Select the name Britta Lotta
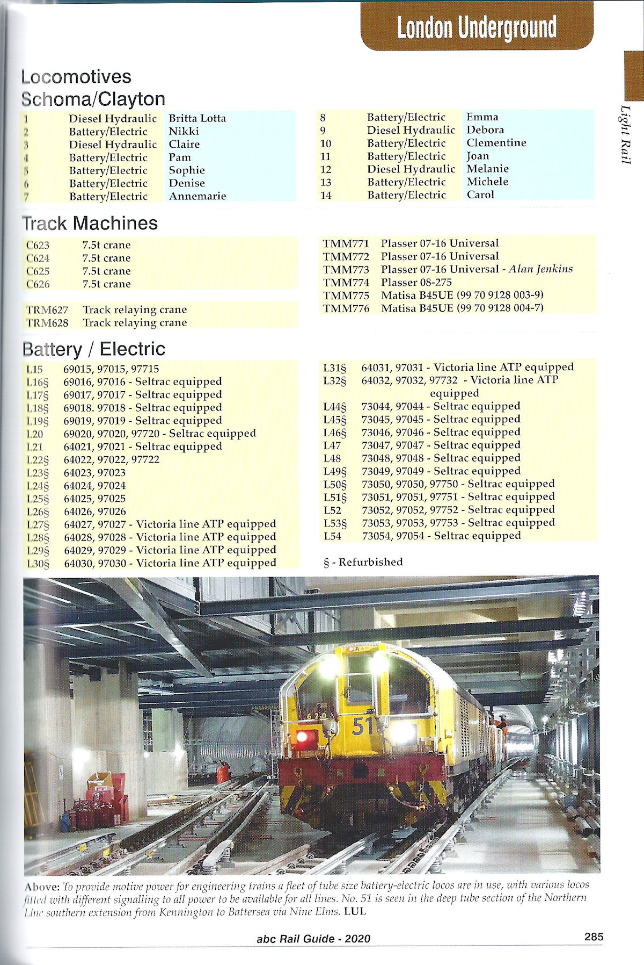[197, 118]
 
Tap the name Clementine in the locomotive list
[496, 143]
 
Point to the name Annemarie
[197, 196]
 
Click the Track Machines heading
[90, 223]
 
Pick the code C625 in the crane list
[38, 271]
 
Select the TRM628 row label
[47, 323]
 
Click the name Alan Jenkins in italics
[540, 269]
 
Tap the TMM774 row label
[346, 283]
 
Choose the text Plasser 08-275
[416, 283]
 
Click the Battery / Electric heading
[94, 349]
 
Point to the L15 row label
[34, 369]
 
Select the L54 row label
[332, 536]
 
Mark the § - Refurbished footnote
[363, 562]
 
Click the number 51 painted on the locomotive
[363, 726]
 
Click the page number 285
[594, 937]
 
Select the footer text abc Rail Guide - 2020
[313, 939]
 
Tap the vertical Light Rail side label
[626, 134]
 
